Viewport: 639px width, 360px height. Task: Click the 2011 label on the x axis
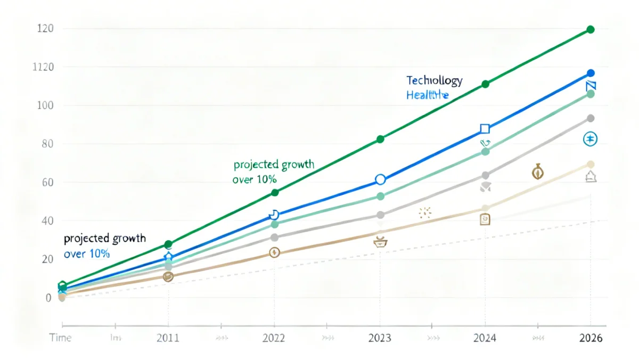[168, 338]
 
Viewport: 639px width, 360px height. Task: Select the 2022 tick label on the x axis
[274, 338]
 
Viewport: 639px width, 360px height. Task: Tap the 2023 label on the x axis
[379, 338]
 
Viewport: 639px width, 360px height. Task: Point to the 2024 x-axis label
[485, 338]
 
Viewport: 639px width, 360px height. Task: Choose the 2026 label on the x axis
[590, 338]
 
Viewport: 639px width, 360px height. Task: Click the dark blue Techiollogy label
[434, 81]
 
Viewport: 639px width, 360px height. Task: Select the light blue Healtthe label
[427, 95]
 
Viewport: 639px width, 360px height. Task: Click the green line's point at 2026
[590, 30]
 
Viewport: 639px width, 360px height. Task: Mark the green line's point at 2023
[380, 139]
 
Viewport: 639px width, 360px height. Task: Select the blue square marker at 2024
[485, 128]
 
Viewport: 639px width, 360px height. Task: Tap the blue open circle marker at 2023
[380, 179]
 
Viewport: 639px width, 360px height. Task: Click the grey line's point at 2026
[590, 118]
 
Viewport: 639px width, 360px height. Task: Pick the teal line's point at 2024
[485, 152]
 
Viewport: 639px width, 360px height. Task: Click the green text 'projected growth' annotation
[274, 165]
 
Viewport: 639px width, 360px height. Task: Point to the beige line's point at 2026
[590, 165]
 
